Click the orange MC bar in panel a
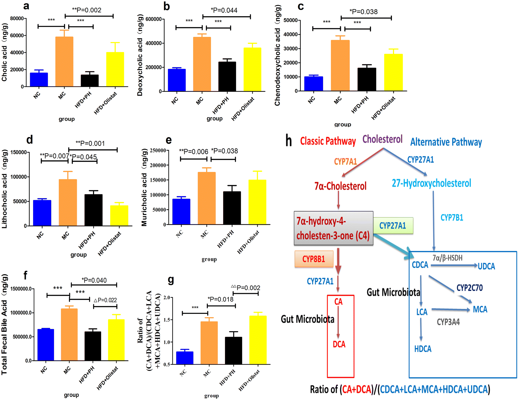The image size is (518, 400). tap(64, 62)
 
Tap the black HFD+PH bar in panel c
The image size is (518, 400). tap(367, 79)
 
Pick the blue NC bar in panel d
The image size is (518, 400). tap(42, 213)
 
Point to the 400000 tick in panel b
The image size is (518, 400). tap(153, 43)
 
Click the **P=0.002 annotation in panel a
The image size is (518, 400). tap(87, 10)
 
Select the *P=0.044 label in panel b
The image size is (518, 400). tap(224, 10)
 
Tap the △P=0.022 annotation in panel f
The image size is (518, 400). tap(105, 300)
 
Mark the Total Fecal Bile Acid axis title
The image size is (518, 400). tap(4, 324)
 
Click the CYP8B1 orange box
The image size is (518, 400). tap(314, 259)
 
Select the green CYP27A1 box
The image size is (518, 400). tap(393, 226)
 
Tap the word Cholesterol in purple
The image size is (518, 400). tap(382, 139)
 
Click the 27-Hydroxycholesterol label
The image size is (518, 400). tap(431, 183)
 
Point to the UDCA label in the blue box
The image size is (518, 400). tap(486, 266)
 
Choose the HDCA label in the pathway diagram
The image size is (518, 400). tap(423, 349)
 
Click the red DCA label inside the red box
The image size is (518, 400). tap(339, 344)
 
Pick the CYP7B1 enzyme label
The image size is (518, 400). tap(452, 217)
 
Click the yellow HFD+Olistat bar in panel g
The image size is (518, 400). tap(258, 340)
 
